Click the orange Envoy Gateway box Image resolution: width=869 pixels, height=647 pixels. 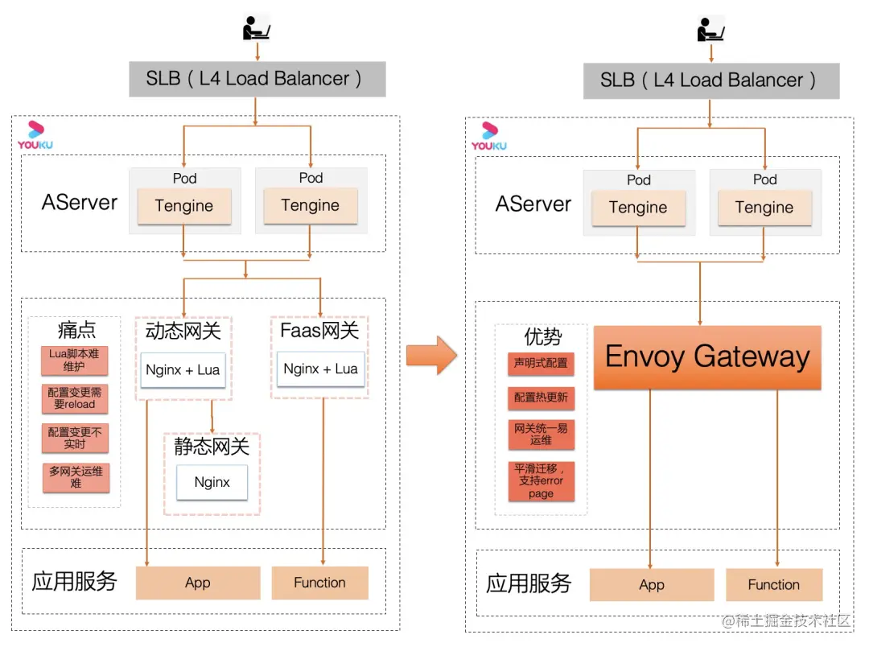(707, 357)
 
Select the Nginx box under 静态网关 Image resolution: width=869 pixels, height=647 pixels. (212, 482)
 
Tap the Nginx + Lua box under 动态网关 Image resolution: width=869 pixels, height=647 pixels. (183, 370)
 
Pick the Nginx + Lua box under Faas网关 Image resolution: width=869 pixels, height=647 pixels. (320, 369)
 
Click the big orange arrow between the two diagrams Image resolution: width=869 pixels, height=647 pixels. (431, 354)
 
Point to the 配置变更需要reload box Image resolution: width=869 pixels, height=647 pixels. (74, 398)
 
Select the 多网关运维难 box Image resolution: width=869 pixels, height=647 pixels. (76, 477)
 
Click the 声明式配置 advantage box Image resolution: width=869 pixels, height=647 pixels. (541, 364)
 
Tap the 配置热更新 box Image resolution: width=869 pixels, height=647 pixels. (541, 398)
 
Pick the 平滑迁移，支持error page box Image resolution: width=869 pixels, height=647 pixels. (541, 480)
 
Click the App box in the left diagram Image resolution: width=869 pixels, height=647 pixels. (198, 583)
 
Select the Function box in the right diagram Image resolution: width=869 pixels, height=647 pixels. (773, 585)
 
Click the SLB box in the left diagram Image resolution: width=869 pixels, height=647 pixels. (257, 79)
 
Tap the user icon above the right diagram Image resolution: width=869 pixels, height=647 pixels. (710, 29)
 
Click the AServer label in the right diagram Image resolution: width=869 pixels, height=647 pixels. (533, 204)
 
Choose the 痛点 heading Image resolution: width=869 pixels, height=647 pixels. (76, 330)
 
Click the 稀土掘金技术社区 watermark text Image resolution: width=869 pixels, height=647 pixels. (786, 620)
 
